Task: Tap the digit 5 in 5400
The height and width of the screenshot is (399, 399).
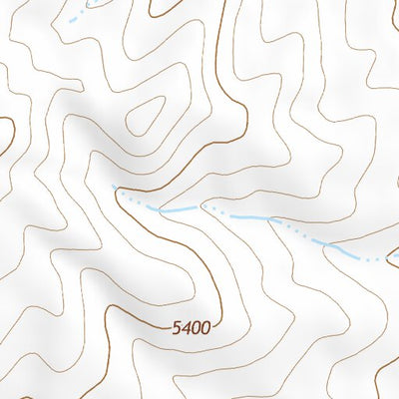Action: tap(176, 326)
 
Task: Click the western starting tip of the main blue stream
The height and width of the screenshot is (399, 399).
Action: tap(115, 188)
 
